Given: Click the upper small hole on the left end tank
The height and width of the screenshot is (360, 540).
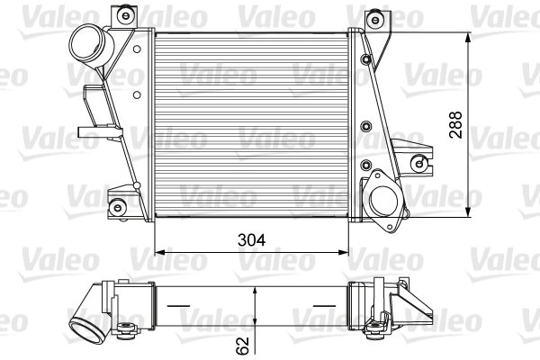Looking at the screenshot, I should (x=136, y=72).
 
